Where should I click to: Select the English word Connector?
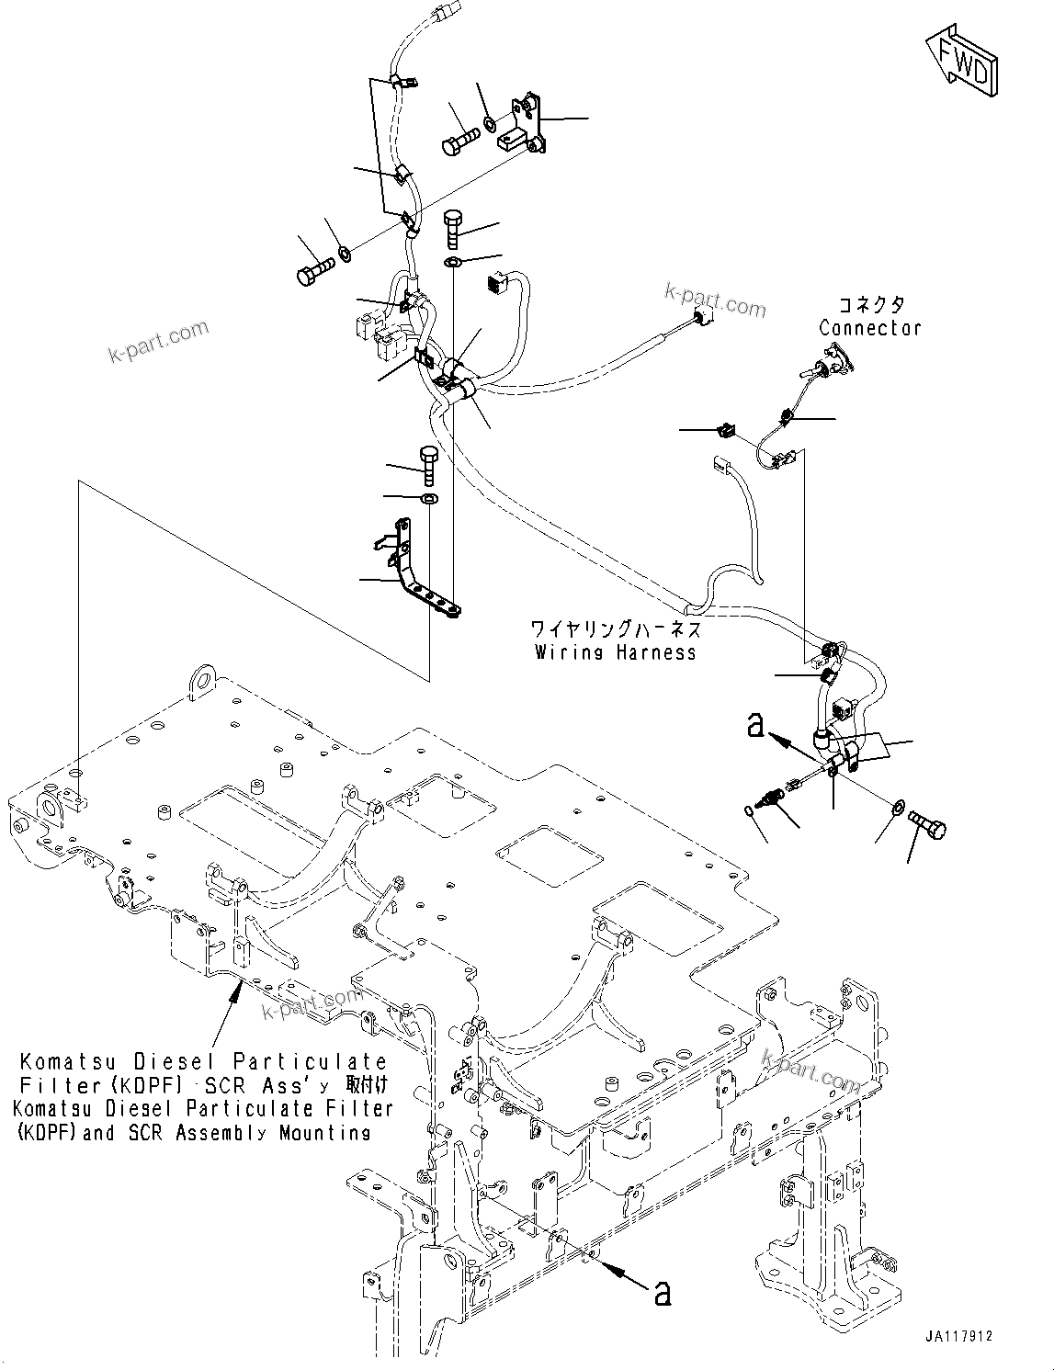click(869, 328)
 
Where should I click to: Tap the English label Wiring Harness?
click(615, 652)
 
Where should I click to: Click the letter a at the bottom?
click(662, 1294)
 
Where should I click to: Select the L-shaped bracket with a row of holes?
click(418, 574)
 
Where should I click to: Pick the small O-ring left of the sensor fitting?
click(749, 810)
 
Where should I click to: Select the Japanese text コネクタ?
click(869, 305)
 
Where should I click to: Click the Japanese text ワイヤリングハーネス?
click(615, 629)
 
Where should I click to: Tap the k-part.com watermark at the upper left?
click(159, 341)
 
